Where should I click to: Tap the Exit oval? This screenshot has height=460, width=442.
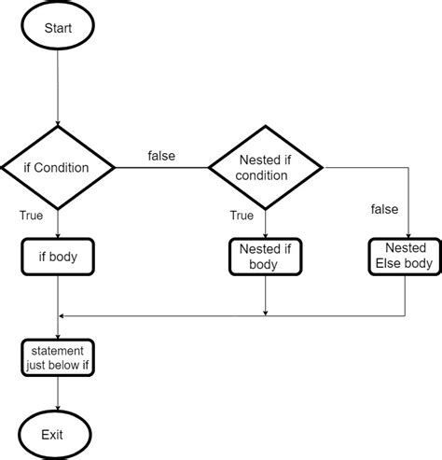(x=58, y=435)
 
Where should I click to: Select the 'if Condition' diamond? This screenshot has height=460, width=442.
(x=58, y=168)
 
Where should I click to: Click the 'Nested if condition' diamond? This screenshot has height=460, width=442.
(x=265, y=168)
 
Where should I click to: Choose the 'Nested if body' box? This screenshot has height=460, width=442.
(x=265, y=257)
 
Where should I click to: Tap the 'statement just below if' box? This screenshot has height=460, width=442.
(x=58, y=356)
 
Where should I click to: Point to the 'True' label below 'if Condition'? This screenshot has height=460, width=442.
(x=31, y=216)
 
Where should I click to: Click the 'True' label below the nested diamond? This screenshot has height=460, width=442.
(x=242, y=216)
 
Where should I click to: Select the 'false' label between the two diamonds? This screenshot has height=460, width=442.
(x=161, y=156)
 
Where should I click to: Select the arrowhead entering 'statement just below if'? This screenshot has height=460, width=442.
(x=58, y=334)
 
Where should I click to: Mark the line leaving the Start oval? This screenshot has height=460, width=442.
(x=58, y=84)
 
